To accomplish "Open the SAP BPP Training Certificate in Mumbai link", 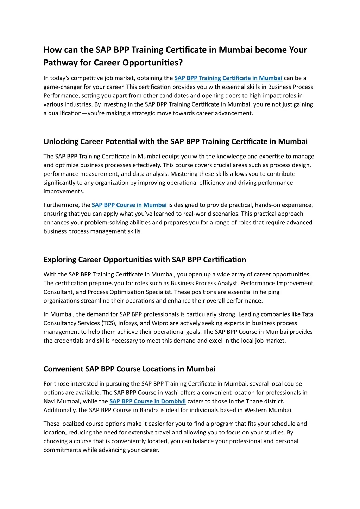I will (x=228, y=78).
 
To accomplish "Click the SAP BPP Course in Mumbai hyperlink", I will (x=129, y=205).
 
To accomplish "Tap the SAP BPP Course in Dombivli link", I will (x=147, y=401).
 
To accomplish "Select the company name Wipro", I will (x=160, y=323).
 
